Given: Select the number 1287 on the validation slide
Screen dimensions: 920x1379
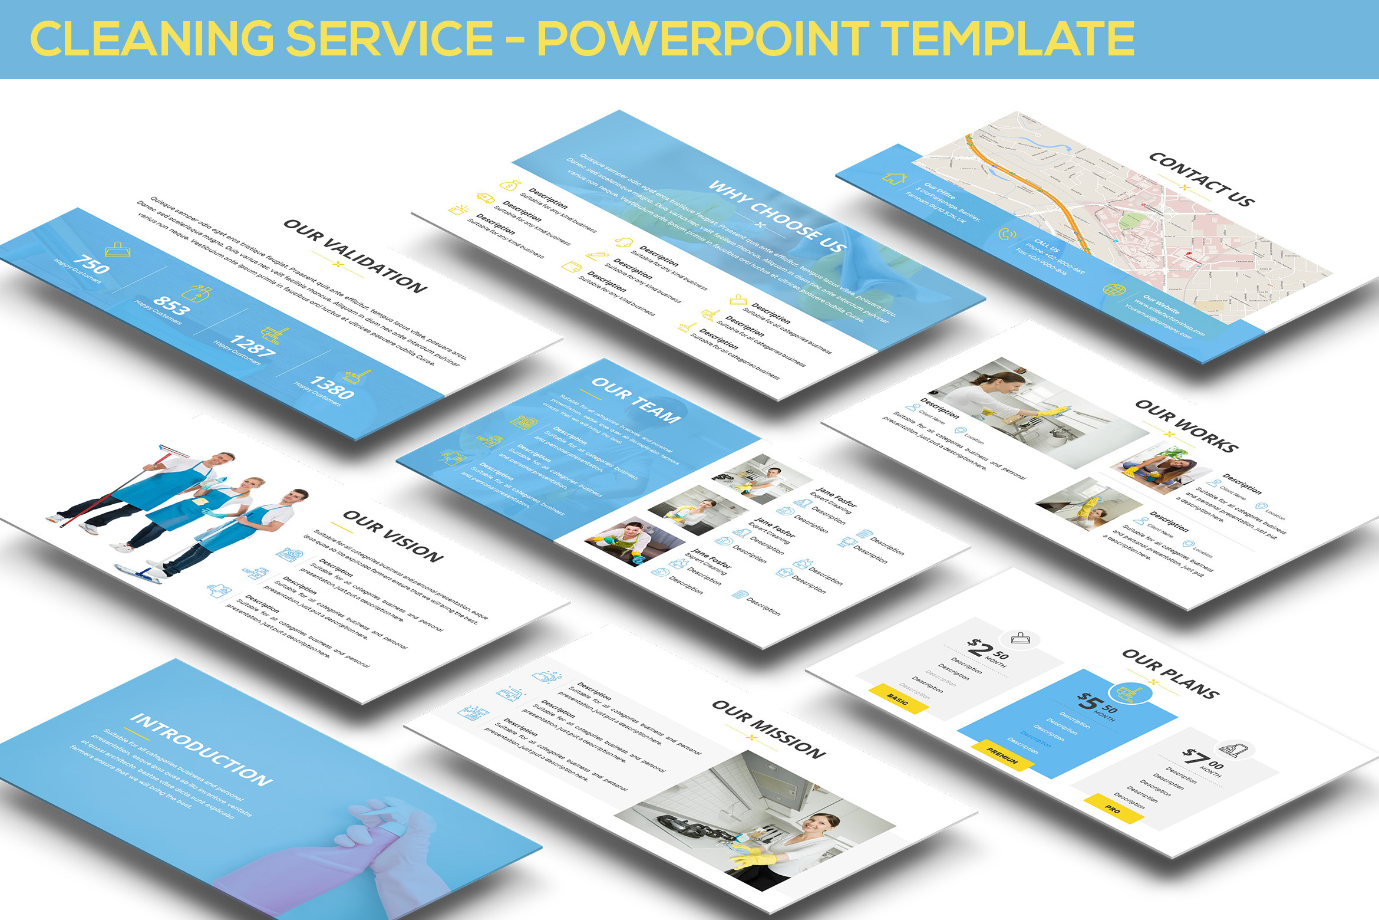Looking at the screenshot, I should tap(252, 346).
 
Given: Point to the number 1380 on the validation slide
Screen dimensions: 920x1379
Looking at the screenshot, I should tap(332, 387).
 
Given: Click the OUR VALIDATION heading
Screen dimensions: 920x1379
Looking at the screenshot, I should tap(355, 256).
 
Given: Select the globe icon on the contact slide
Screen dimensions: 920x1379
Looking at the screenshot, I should tap(1114, 290).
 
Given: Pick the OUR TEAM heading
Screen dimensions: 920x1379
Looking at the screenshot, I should tap(636, 400).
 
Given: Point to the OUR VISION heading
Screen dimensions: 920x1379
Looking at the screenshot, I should tap(393, 536).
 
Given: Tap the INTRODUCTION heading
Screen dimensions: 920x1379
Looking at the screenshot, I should tap(201, 749).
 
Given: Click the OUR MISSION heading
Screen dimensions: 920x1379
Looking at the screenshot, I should tap(768, 730).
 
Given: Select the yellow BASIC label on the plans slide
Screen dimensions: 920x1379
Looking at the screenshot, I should tap(898, 699).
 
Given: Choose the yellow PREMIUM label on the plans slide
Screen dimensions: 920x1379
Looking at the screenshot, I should tap(1002, 755).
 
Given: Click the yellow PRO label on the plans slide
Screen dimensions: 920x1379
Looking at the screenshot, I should tap(1112, 809).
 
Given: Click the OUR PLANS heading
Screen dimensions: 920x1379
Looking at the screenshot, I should tap(1170, 674).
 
